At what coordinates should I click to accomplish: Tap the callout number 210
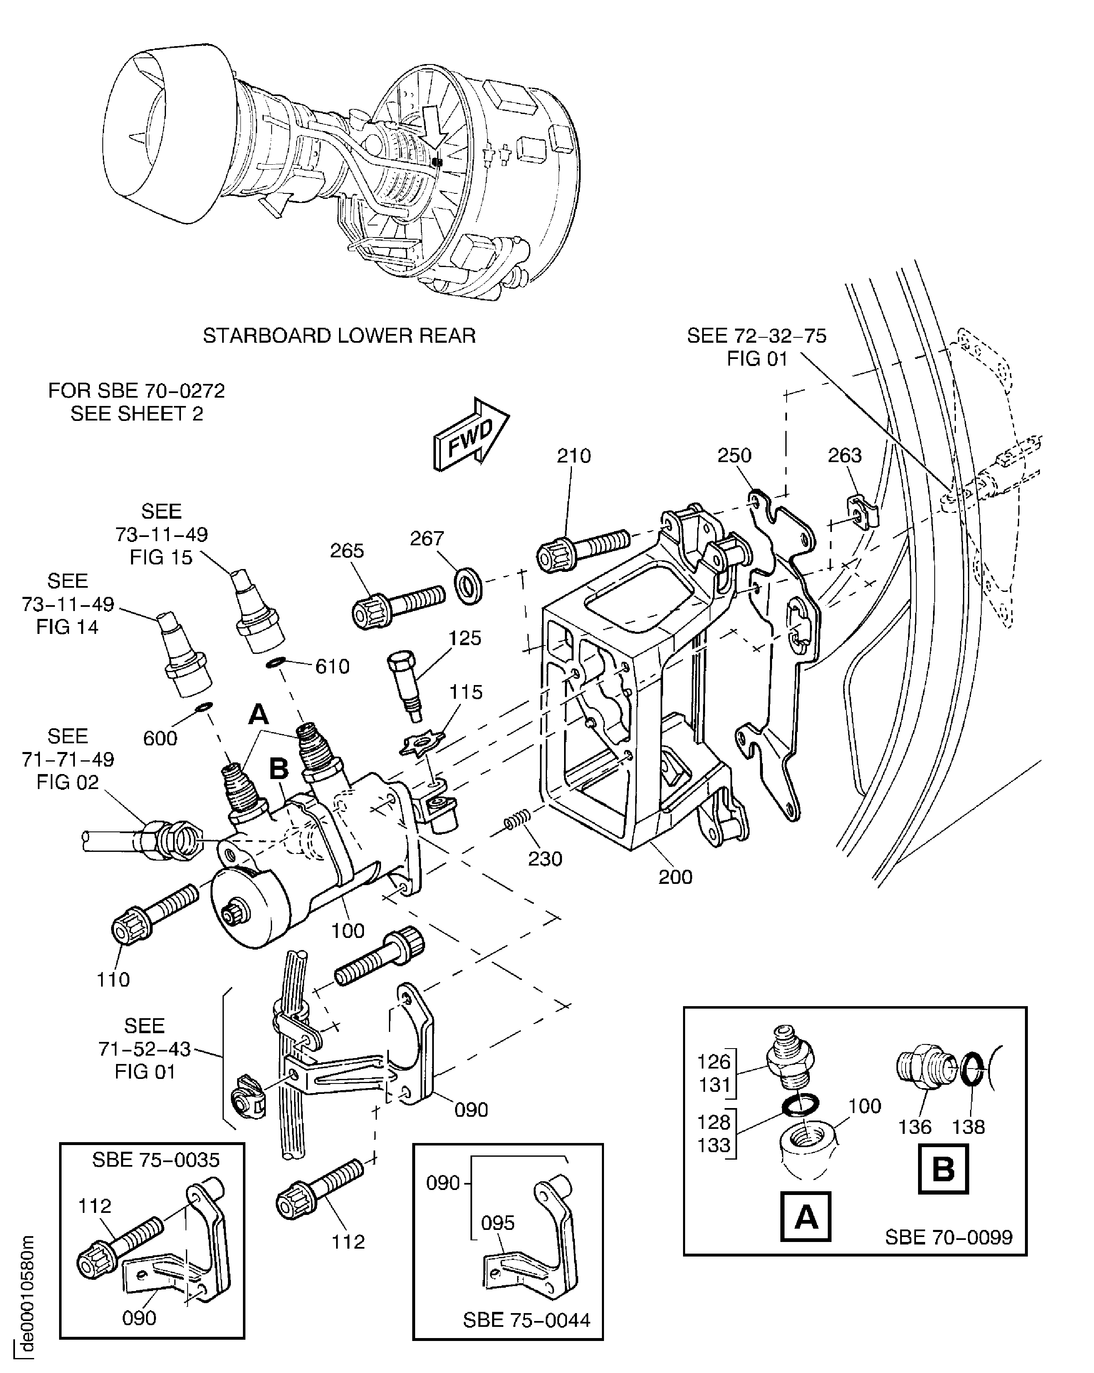click(574, 456)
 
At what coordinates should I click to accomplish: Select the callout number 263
click(844, 455)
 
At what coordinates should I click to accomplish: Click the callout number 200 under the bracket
click(675, 877)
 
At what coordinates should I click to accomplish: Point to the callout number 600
click(160, 738)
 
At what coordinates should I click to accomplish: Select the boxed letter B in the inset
click(943, 1169)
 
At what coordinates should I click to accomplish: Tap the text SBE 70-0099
click(948, 1237)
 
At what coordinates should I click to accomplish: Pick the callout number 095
click(497, 1223)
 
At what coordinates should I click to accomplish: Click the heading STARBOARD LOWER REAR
click(339, 336)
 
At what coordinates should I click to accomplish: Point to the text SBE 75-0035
click(156, 1159)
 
